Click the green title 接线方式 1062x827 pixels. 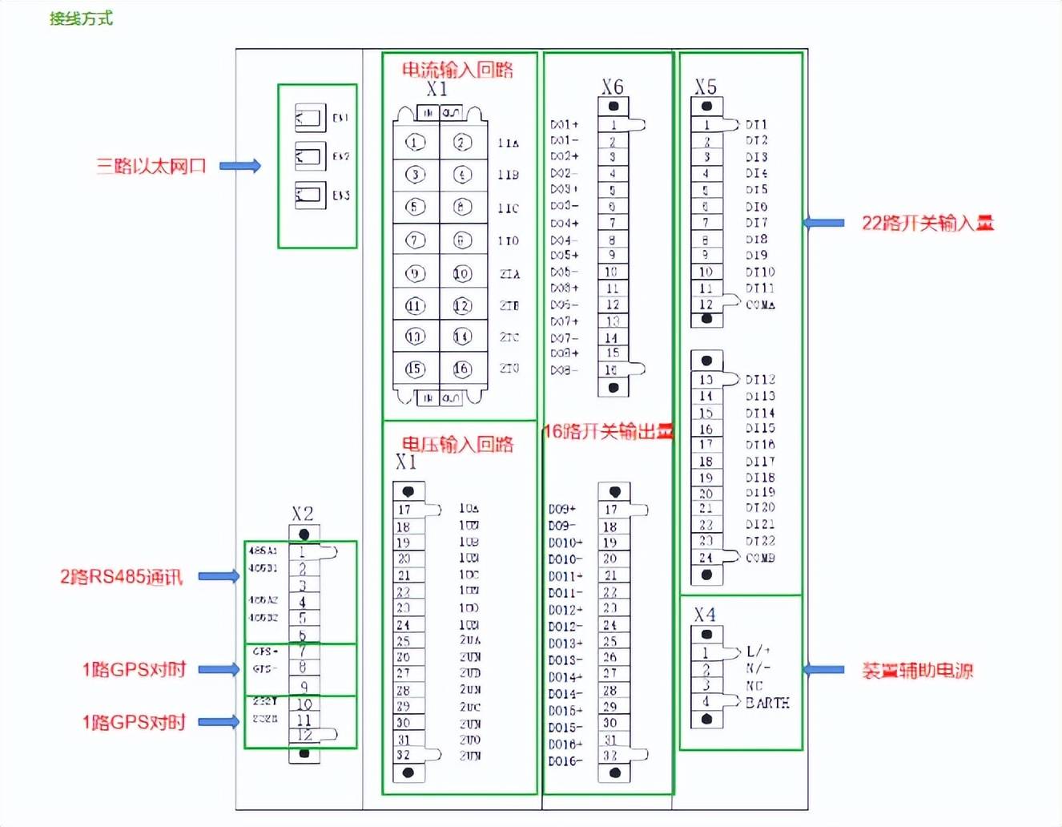(81, 18)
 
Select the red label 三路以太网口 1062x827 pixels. (151, 166)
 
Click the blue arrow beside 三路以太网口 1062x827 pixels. (240, 166)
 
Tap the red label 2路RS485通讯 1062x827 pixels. (121, 577)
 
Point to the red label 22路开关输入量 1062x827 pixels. (927, 223)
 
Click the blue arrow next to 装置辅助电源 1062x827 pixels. (823, 669)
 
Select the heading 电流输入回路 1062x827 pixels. (457, 70)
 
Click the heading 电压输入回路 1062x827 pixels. (457, 444)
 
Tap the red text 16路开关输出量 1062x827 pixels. (608, 431)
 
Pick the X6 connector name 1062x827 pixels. (613, 87)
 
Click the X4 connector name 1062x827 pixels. (705, 615)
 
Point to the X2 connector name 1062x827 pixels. (302, 514)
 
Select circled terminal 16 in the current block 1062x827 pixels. (462, 369)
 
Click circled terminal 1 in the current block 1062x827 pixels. (414, 143)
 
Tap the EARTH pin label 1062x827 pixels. (767, 703)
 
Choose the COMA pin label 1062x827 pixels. (760, 305)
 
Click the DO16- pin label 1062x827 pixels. (565, 760)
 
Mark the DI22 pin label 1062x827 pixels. (760, 541)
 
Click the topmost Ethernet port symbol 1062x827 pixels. (310, 118)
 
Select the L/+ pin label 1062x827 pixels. (758, 651)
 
